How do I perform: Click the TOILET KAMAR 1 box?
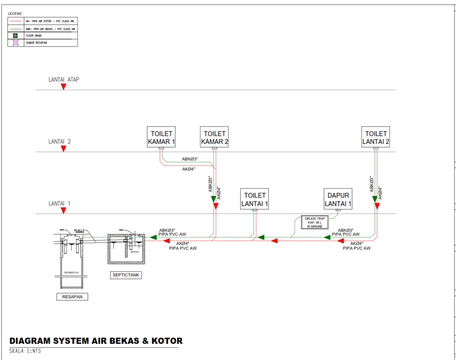161,137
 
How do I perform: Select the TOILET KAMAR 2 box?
215,137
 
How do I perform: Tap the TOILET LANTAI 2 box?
376,137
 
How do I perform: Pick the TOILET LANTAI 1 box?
255,199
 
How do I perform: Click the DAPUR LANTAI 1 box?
338,199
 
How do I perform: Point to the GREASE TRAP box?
314,222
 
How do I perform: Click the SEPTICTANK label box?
126,275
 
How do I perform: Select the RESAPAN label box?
73,296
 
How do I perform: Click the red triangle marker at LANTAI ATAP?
63,86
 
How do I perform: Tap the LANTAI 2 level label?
59,142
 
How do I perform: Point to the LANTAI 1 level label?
59,203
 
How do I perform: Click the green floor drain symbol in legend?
15,36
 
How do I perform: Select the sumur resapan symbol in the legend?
15,43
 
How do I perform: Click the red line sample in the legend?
15,21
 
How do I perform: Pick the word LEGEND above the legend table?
15,13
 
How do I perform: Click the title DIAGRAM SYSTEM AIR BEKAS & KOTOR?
95,341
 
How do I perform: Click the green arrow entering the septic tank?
153,236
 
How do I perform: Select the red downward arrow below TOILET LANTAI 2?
377,206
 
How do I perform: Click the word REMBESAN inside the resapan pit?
72,273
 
